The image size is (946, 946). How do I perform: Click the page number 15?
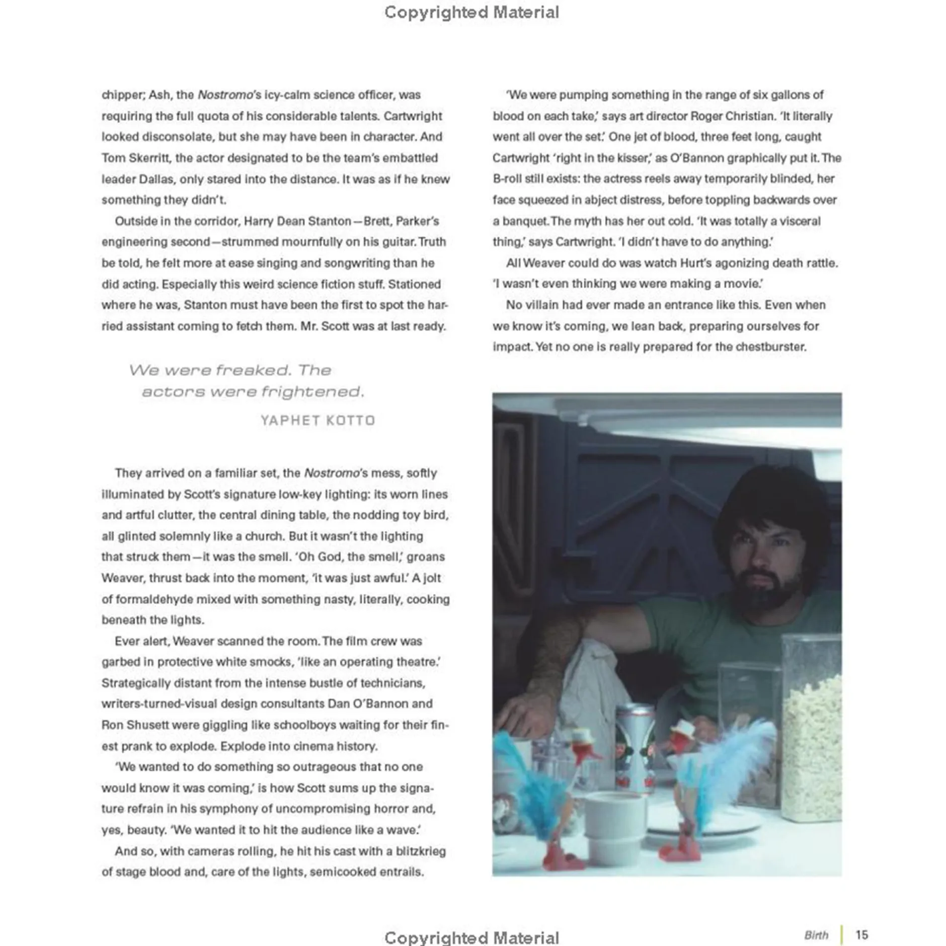coord(861,934)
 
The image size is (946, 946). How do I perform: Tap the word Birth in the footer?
coord(816,935)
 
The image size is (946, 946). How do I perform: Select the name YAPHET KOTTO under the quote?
coord(318,420)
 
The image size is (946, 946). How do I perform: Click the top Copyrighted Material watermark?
coord(471,12)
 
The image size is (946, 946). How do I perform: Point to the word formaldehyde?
coord(153,599)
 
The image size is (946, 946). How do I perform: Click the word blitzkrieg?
coord(421,851)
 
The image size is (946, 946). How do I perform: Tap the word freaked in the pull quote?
coord(253,370)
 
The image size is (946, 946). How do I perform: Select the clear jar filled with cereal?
coord(811,725)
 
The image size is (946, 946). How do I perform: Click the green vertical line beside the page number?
coord(841,934)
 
